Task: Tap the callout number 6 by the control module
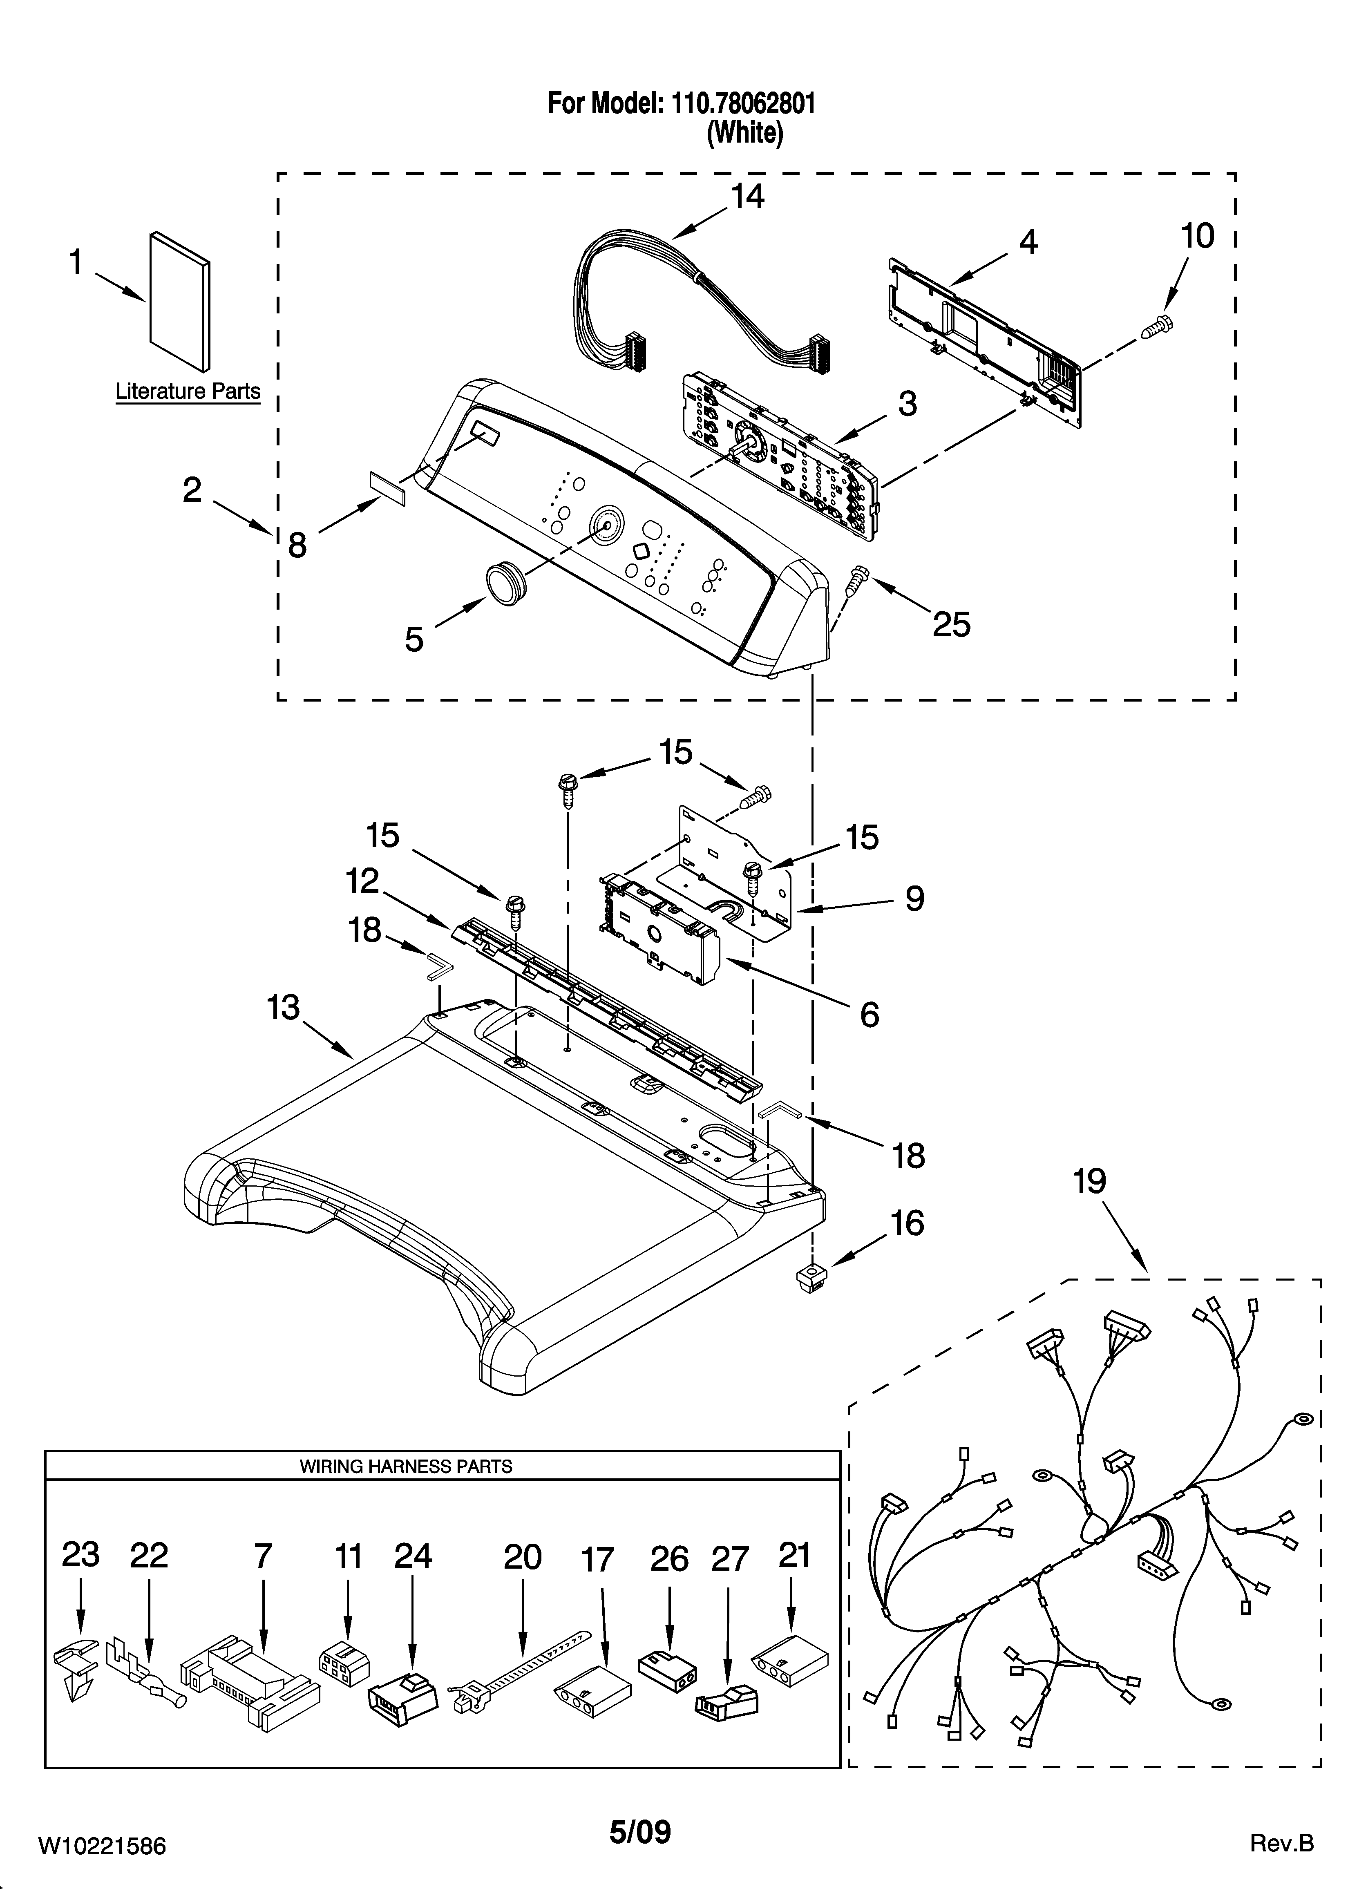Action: pos(869,1015)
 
